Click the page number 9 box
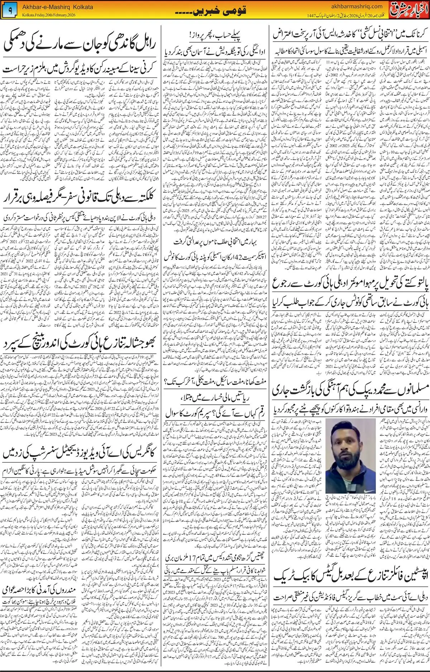click(10, 11)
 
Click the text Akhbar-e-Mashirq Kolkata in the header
click(57, 7)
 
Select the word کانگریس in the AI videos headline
click(140, 452)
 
